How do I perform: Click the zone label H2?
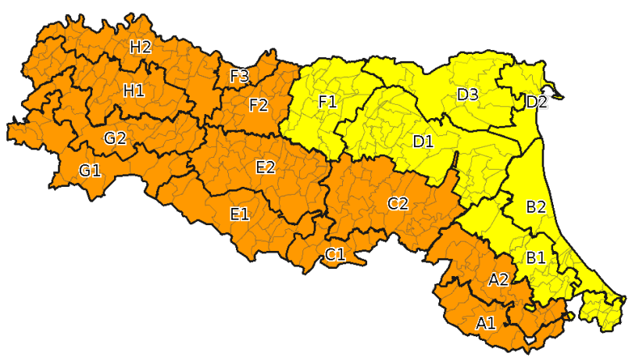[x=140, y=47]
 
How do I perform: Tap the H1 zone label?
[x=134, y=91]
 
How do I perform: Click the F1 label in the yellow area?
[x=327, y=102]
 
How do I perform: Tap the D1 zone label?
[x=423, y=142]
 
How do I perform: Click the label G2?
[x=115, y=138]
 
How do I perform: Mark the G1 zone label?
[x=90, y=170]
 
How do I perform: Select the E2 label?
[x=265, y=167]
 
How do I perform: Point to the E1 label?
[x=239, y=213]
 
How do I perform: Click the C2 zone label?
[x=398, y=204]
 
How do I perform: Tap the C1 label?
[x=335, y=253]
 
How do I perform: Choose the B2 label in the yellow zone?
[x=536, y=207]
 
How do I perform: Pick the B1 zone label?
[x=535, y=256]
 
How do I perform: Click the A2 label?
[x=498, y=279]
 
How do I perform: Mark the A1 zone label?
[x=485, y=322]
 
